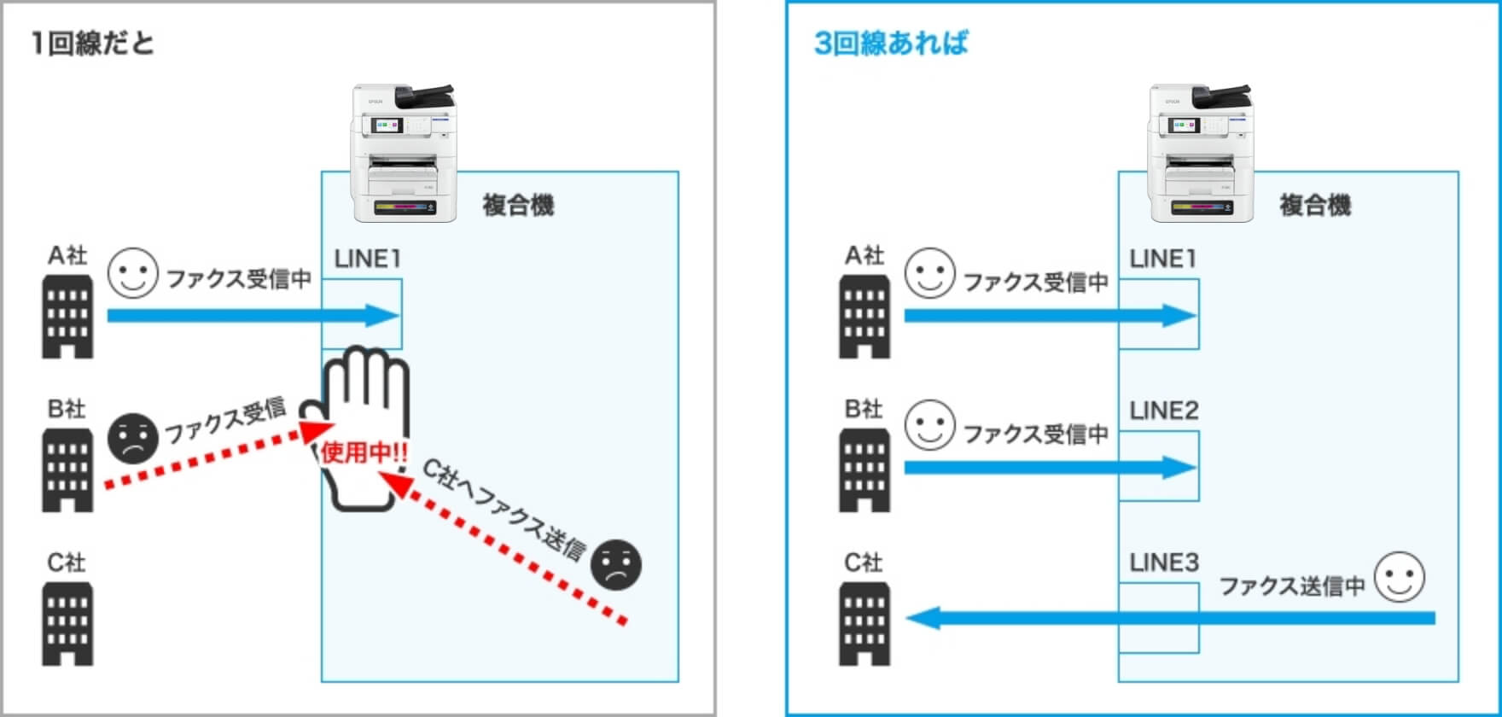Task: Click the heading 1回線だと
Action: click(x=92, y=43)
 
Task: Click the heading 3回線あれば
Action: click(x=891, y=43)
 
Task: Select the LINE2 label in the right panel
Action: click(x=1164, y=411)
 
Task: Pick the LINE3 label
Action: click(x=1164, y=563)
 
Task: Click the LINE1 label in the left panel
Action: click(x=367, y=259)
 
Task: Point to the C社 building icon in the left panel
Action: click(x=67, y=624)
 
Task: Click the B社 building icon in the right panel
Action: click(x=865, y=470)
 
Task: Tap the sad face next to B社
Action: click(x=133, y=439)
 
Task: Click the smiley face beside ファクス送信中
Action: click(x=1400, y=577)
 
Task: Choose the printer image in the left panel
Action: click(x=404, y=154)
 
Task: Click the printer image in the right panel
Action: click(x=1201, y=154)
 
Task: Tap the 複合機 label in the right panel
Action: click(x=1315, y=206)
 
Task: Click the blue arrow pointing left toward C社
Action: click(x=1169, y=617)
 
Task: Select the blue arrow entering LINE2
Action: click(x=1050, y=467)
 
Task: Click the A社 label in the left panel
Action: click(x=67, y=255)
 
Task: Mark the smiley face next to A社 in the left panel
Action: click(x=133, y=273)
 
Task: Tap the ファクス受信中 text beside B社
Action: click(x=1036, y=434)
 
